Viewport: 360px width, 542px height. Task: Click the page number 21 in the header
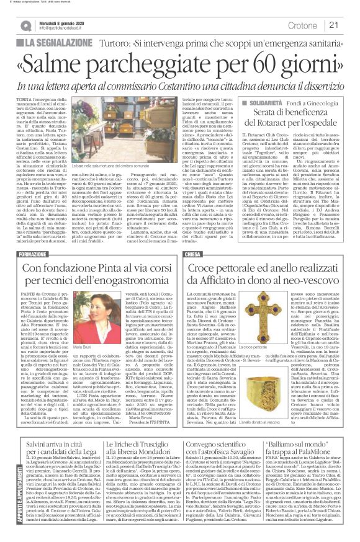pos(334,25)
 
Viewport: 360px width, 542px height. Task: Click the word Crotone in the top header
pos(302,25)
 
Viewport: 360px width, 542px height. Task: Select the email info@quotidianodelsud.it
pos(65,29)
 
